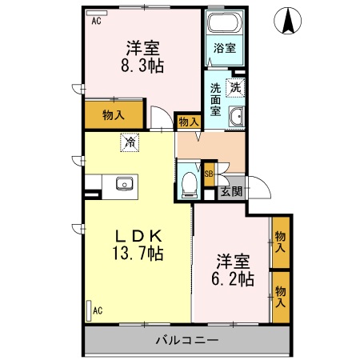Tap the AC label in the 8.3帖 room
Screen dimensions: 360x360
tap(96, 22)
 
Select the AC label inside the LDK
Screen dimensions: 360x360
tap(97, 310)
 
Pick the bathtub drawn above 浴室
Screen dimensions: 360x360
tap(223, 23)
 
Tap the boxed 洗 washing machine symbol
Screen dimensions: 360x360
tap(236, 87)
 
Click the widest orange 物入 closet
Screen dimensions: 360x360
tap(114, 115)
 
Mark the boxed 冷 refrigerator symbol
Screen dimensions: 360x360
tap(128, 142)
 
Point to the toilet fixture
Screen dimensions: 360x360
tap(190, 182)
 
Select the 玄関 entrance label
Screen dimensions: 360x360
tap(231, 191)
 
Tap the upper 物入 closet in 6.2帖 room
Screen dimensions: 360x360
tap(280, 242)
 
